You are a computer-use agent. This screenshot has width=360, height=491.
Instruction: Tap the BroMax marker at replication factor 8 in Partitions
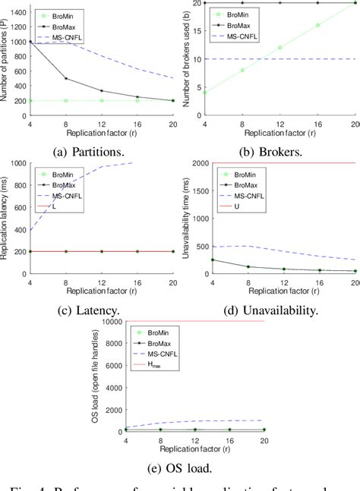coord(65,78)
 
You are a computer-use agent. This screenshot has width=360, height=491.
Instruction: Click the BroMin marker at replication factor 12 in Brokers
coord(280,48)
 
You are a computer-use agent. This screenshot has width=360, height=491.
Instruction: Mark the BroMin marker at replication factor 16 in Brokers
coord(317,25)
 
